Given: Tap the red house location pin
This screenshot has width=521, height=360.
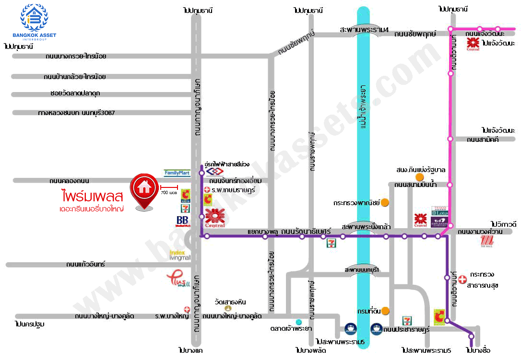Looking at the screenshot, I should click(x=143, y=191).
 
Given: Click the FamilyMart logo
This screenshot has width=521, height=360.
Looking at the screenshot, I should click(x=177, y=173).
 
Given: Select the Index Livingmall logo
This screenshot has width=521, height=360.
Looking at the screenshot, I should click(x=180, y=255).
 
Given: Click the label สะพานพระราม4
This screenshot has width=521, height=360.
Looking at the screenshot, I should click(x=364, y=29).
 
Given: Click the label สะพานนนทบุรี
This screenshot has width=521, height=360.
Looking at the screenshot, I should click(x=362, y=270).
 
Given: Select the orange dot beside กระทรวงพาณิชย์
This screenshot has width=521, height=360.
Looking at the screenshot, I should click(x=384, y=203).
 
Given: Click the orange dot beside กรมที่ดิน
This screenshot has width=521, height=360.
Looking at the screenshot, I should click(x=385, y=311).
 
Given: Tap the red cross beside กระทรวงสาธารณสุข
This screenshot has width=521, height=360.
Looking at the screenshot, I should click(x=462, y=279).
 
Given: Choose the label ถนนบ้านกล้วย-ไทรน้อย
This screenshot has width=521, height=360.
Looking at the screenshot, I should click(x=74, y=76).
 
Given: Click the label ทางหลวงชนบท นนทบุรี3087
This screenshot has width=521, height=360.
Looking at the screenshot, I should click(x=77, y=113).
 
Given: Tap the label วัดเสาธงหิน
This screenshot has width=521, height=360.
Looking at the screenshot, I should click(x=230, y=302).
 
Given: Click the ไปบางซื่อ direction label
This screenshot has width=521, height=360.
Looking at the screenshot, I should click(x=478, y=350).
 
